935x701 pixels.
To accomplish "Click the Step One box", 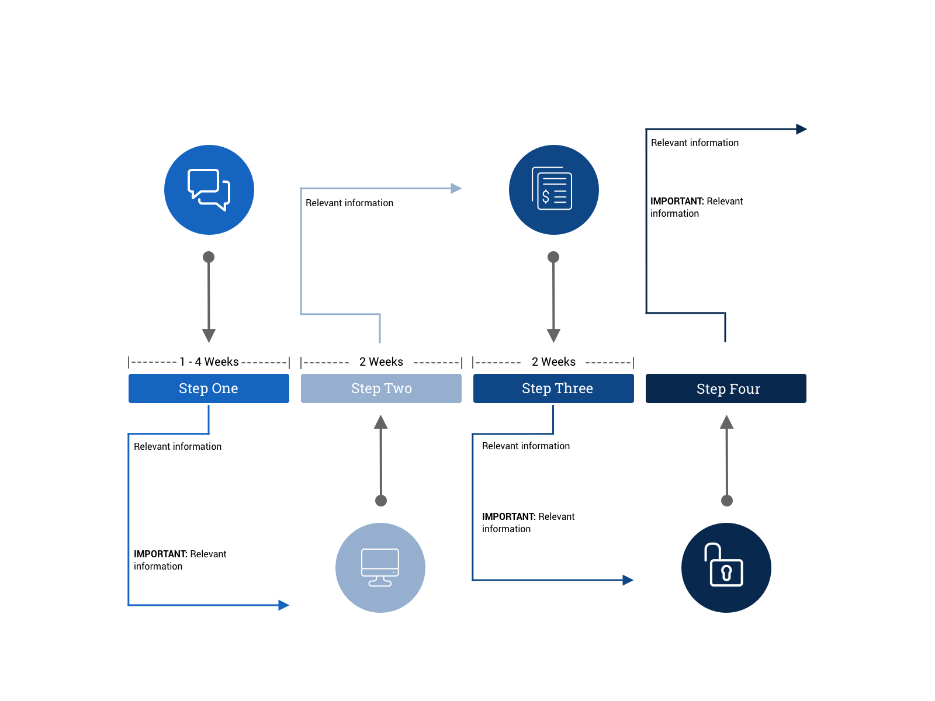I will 209,388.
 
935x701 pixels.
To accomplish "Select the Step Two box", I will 381,388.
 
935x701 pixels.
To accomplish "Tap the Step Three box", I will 553,388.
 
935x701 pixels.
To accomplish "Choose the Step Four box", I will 726,388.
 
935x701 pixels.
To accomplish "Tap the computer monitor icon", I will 380,567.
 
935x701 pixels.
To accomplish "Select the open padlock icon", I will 726,567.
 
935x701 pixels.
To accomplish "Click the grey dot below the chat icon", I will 209,257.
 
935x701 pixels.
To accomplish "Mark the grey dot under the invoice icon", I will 553,257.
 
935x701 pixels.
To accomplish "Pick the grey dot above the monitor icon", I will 381,501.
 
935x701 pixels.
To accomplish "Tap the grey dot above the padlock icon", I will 727,501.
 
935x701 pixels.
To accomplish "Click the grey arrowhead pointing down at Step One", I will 209,335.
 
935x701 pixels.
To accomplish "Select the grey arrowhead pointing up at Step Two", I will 381,422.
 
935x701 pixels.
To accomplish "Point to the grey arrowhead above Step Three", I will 553,335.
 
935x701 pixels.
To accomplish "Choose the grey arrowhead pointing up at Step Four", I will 726,422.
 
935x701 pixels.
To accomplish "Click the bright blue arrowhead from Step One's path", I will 284,605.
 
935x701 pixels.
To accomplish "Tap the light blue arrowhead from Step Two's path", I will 456,188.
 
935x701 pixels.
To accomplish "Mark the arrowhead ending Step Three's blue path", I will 628,580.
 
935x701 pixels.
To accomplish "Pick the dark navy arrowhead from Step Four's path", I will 802,129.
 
